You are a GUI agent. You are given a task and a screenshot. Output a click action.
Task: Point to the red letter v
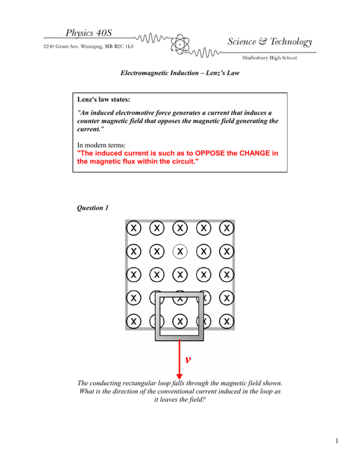tap(187, 360)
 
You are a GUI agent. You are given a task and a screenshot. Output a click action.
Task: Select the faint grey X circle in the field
tap(180, 251)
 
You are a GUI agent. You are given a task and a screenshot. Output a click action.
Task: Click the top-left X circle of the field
tap(134, 228)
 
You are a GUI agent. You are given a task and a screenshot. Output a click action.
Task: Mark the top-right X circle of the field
tap(227, 228)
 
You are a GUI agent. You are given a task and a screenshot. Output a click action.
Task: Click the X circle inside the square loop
tap(180, 322)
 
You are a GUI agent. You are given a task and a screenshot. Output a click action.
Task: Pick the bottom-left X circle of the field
tap(134, 322)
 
